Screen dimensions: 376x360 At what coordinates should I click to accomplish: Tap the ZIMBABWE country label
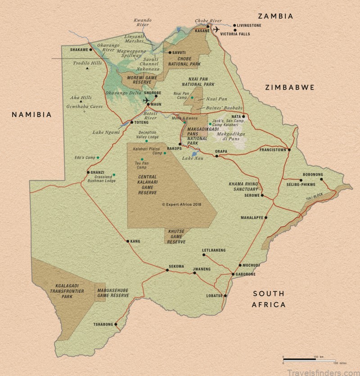(289, 87)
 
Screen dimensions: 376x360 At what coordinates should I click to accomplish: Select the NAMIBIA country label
(32, 114)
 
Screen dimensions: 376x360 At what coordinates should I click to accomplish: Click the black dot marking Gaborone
(232, 274)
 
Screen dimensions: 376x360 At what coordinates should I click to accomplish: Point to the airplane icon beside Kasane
(217, 30)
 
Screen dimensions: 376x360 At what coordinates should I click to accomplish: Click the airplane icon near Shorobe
(146, 100)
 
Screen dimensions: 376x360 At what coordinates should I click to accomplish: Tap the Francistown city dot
(289, 149)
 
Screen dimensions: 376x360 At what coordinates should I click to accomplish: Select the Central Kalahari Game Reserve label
(143, 184)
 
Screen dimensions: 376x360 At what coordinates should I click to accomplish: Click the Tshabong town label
(103, 324)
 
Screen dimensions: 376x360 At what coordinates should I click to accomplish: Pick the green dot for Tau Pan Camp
(142, 159)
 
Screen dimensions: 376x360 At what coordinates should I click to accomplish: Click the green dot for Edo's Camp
(98, 158)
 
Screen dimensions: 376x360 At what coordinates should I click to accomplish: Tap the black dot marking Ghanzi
(88, 172)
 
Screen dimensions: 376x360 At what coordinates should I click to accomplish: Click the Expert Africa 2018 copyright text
(181, 204)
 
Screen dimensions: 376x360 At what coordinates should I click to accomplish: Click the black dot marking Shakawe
(90, 50)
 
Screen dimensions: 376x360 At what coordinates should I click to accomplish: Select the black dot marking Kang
(127, 241)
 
